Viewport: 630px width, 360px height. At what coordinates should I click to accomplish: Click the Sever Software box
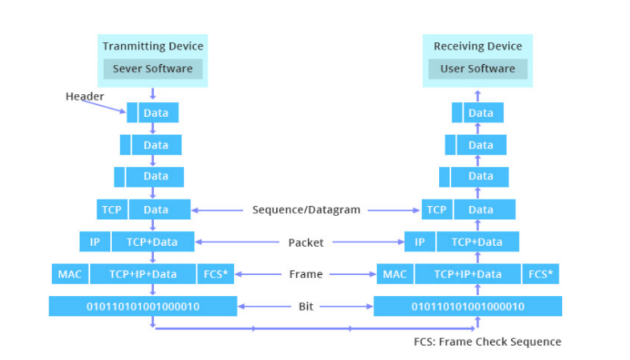pos(153,69)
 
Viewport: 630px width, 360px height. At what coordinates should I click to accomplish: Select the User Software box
pos(477,69)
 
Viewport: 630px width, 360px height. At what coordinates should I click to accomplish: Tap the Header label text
pos(85,97)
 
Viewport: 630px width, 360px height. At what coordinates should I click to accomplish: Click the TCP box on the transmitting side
pos(111,209)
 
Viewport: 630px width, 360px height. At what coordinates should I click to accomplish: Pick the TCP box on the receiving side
pos(437,209)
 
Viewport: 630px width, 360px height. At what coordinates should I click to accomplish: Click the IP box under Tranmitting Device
pos(95,242)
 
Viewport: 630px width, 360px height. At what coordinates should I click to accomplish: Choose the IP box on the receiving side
pos(419,242)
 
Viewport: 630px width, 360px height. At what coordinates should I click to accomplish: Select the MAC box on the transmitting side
pos(70,274)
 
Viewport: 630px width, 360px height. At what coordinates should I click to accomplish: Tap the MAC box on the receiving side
pos(395,274)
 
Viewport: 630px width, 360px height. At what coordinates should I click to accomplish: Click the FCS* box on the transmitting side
pos(216,274)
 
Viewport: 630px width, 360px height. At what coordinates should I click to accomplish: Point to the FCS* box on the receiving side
pos(540,274)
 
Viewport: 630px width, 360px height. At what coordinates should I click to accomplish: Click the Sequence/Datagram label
pos(306,210)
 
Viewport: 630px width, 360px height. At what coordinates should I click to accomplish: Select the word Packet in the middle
pos(306,242)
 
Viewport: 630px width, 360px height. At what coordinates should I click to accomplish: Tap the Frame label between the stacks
pos(306,274)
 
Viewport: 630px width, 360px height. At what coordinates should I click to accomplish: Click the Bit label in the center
pos(306,307)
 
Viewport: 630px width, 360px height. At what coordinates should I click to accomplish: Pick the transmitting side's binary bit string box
pos(143,306)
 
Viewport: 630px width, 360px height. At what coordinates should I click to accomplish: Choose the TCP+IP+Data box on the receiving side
pos(468,274)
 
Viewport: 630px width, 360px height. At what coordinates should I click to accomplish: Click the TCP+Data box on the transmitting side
pos(153,242)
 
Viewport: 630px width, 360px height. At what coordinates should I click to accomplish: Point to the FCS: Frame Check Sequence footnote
pos(488,342)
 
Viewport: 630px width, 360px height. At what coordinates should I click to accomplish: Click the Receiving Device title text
pos(477,46)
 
